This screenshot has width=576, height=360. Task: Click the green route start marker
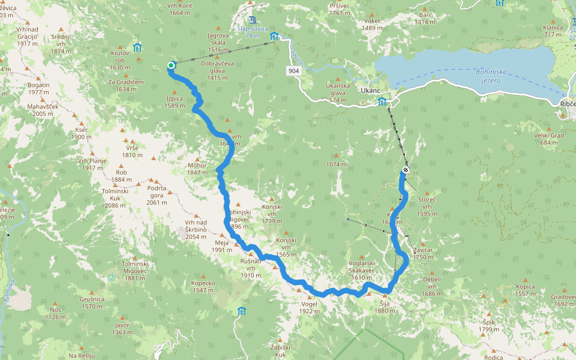click(x=171, y=65)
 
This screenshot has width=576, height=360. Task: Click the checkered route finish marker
click(x=406, y=170)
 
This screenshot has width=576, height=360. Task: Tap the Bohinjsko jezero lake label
click(x=491, y=76)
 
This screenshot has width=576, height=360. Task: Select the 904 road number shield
click(x=293, y=71)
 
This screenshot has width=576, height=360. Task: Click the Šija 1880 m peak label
click(x=385, y=307)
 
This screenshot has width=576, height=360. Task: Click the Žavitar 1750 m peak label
click(x=422, y=253)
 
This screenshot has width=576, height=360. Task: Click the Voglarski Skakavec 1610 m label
click(x=362, y=274)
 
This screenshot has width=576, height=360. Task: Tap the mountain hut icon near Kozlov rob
click(x=137, y=47)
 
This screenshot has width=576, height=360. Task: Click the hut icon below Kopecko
click(x=241, y=311)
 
